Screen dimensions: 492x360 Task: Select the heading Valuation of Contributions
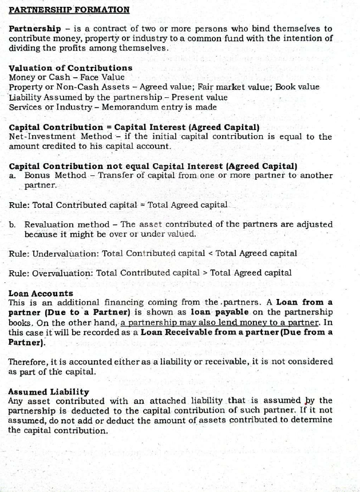point(70,68)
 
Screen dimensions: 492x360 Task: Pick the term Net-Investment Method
point(56,137)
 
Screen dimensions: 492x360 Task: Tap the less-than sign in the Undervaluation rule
point(204,253)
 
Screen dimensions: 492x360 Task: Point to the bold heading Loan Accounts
point(41,293)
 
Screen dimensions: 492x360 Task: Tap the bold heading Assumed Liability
point(49,392)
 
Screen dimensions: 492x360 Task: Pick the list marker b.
point(12,224)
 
